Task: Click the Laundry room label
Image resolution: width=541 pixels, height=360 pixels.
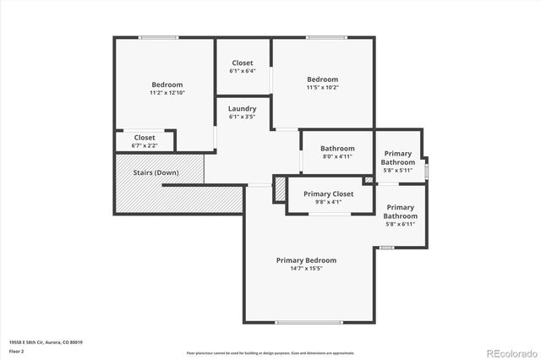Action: click(242, 109)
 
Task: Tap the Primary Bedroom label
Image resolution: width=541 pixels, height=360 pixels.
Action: click(306, 260)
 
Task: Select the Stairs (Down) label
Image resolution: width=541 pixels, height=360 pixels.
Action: click(156, 172)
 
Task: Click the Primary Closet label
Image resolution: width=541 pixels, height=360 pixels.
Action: click(328, 194)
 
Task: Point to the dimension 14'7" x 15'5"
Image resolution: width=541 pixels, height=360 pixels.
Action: click(306, 269)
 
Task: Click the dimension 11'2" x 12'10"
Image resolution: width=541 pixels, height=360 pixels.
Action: click(167, 93)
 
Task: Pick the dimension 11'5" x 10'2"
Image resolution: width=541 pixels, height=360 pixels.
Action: click(322, 88)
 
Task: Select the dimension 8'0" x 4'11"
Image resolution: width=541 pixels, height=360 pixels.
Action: click(336, 156)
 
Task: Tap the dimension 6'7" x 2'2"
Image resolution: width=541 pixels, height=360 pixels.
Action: click(145, 145)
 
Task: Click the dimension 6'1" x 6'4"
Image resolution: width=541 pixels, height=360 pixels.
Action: click(242, 71)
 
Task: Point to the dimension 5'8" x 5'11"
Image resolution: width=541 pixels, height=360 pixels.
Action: click(397, 171)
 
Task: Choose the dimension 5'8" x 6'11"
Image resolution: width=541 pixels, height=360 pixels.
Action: click(400, 225)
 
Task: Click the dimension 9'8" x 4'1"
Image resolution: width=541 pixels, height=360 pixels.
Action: click(328, 202)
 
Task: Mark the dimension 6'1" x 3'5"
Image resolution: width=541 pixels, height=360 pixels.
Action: click(242, 117)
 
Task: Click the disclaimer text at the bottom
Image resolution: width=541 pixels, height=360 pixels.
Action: click(270, 352)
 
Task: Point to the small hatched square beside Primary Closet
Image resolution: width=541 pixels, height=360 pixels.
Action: click(368, 180)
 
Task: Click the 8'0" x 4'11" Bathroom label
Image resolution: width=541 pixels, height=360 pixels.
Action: click(336, 148)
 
